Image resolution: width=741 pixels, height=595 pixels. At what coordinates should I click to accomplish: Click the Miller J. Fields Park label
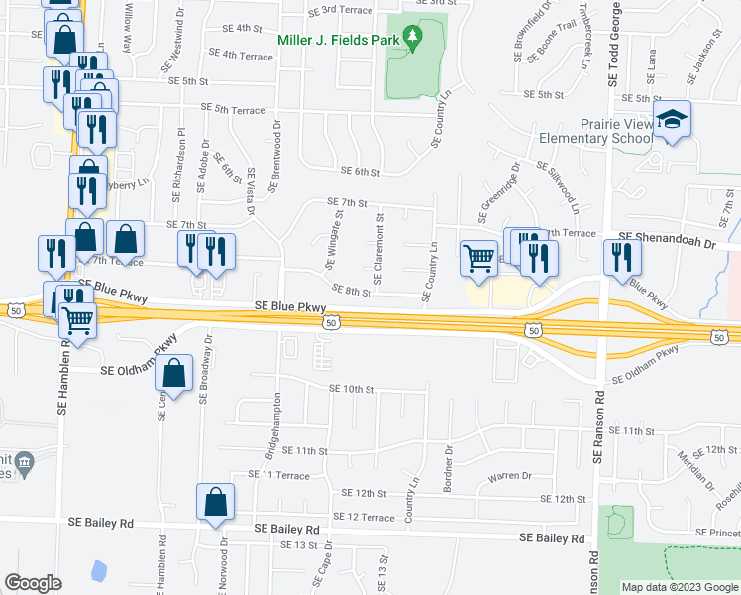338,42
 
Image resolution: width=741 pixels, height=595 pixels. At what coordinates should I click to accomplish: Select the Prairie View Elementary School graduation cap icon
673,120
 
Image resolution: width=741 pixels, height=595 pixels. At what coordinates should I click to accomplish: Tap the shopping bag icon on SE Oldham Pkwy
174,374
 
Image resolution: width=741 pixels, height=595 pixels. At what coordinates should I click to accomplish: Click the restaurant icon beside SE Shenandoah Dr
622,257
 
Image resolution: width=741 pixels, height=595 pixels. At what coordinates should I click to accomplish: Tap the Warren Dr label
510,477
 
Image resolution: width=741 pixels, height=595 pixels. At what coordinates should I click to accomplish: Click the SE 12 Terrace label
365,518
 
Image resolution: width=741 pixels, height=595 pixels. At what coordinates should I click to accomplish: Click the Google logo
33,583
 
